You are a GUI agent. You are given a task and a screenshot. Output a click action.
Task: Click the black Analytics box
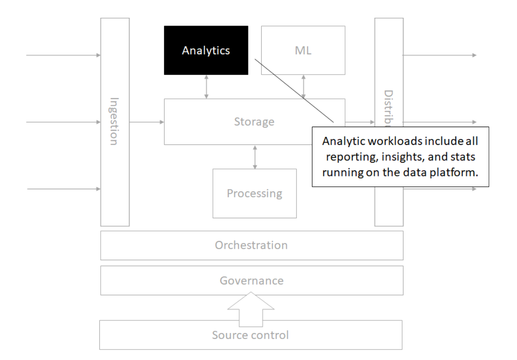point(206,50)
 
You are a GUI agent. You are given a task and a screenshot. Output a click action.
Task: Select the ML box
point(303,50)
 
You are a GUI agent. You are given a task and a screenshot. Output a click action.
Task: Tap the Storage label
point(254,122)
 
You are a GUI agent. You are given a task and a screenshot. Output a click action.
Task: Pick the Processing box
point(254,193)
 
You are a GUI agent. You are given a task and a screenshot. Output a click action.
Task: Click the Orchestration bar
point(252,245)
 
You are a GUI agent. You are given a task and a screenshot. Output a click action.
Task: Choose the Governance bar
point(252,280)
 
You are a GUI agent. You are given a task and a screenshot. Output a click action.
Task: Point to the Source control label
point(250,335)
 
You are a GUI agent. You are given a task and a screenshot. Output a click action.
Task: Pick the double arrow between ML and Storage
point(304,87)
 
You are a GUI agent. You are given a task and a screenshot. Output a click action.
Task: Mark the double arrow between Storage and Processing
point(254,156)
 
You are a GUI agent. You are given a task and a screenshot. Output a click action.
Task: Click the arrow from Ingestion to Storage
point(147,122)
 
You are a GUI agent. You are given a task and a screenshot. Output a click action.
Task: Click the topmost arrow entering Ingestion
point(64,55)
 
